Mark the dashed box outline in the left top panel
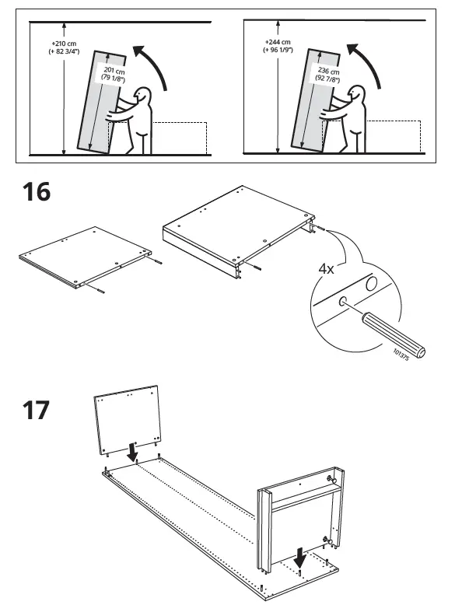180,137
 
